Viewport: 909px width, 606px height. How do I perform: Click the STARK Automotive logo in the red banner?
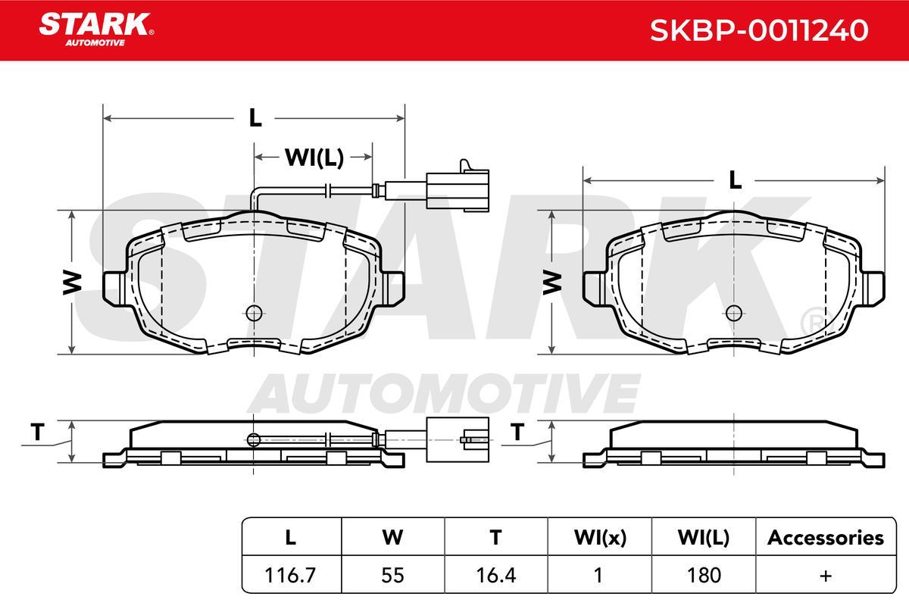96,30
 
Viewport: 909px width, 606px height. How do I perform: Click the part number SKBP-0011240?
759,30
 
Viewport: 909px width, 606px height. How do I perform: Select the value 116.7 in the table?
289,575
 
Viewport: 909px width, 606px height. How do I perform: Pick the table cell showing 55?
392,575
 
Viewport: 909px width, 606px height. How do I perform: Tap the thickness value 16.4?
496,575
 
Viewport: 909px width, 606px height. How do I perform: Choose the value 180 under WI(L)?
704,575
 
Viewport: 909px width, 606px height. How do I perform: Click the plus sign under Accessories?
826,576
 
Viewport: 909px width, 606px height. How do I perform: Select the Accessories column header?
826,538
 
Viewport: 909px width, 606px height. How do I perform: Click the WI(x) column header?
600,538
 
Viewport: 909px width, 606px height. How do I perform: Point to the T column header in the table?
496,538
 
